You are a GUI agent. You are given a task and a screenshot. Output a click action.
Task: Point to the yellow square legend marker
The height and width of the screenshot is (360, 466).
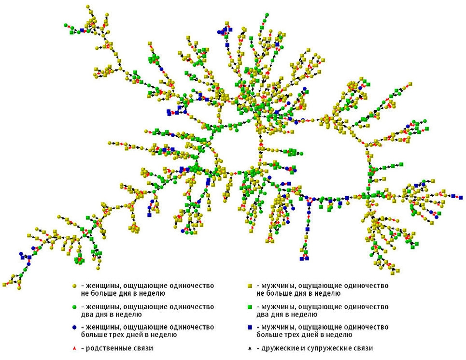(x=250, y=286)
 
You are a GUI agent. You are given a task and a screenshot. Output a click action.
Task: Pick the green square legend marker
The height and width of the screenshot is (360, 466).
(x=250, y=307)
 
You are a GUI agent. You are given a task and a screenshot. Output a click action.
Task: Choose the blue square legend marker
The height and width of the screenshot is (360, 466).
(x=250, y=328)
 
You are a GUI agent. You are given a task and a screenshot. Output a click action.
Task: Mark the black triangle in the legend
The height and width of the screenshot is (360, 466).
(x=250, y=348)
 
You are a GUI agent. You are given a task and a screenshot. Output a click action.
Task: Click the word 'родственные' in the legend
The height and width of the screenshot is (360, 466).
(x=109, y=348)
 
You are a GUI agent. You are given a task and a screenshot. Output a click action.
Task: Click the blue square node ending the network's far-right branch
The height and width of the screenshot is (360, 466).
(x=453, y=196)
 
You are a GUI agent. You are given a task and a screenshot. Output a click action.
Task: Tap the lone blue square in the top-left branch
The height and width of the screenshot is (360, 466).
(x=83, y=30)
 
